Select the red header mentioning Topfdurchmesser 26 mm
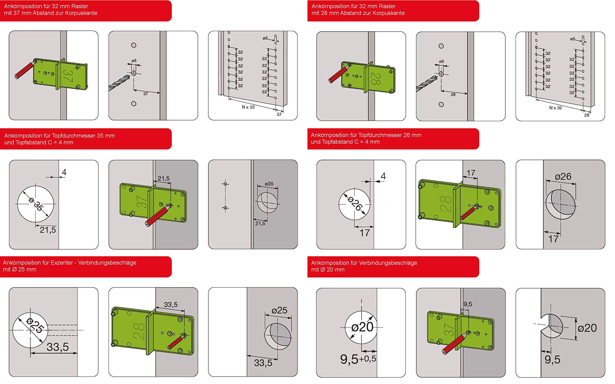(393, 139)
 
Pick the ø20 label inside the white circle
(362, 327)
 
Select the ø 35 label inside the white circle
(36, 204)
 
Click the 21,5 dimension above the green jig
(163, 178)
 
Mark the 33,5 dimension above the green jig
(171, 305)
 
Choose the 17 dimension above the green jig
(471, 173)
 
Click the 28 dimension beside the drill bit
(453, 95)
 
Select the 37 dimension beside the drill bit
(146, 94)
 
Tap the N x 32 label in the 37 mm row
(248, 107)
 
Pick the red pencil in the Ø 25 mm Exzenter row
(176, 342)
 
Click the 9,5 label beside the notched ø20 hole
(553, 360)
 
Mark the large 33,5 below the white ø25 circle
(58, 347)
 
